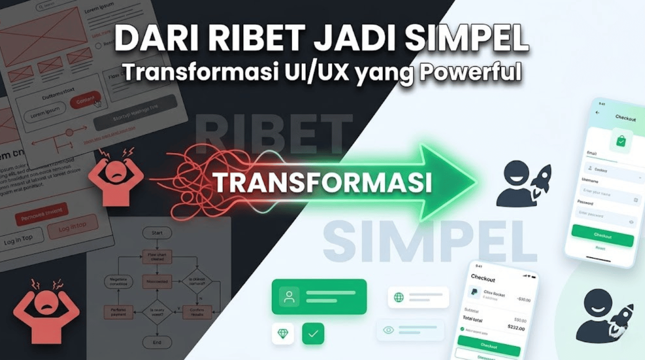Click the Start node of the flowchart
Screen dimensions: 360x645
157,233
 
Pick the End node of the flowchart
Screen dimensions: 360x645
157,342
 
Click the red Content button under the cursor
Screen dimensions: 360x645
85,100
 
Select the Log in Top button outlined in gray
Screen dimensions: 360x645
19,239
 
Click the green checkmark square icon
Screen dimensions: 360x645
313,334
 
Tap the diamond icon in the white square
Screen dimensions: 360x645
283,334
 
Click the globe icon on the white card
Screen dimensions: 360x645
399,297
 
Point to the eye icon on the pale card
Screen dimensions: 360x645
389,330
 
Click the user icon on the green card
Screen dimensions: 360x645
289,297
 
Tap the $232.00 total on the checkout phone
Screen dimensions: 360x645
516,328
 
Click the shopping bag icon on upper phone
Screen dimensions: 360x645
621,141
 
